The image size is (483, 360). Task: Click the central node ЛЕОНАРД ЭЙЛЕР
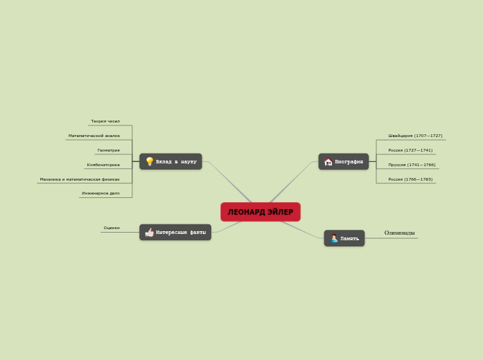coord(261,212)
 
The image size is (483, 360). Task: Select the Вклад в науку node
coord(176,161)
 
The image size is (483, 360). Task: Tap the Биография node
coord(349,161)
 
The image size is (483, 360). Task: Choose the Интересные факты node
coord(180,233)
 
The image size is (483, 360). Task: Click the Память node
coord(349,238)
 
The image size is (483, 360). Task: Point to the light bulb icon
coord(149,161)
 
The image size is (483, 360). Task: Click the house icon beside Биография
coord(328,162)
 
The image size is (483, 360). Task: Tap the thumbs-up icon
coord(149,233)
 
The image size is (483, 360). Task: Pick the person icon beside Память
coord(333,238)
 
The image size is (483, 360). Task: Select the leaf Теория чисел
coord(105,121)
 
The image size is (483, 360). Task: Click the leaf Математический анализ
coord(94,136)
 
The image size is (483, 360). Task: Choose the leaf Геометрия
coord(108,150)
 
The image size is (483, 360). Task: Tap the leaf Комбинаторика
coord(103,165)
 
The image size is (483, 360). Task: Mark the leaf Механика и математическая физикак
coord(80,179)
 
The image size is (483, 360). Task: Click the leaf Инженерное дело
coord(100,193)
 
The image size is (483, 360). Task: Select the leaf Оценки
coord(112,228)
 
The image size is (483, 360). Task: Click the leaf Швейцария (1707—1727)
coord(415,136)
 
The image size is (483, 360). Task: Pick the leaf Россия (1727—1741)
coord(410,150)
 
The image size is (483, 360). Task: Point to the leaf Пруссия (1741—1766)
coord(412,165)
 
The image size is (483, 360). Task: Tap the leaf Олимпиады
coord(400,233)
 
